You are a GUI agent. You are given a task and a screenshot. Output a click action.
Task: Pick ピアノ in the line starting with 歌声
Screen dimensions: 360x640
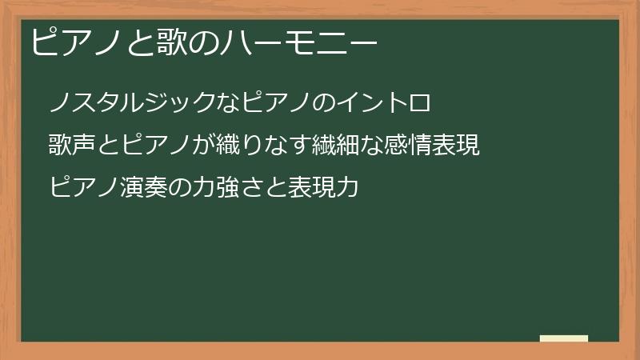[158, 146]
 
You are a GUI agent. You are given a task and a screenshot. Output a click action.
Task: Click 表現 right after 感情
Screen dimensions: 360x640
[458, 146]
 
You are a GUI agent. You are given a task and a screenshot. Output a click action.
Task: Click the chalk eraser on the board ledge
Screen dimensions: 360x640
[564, 338]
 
